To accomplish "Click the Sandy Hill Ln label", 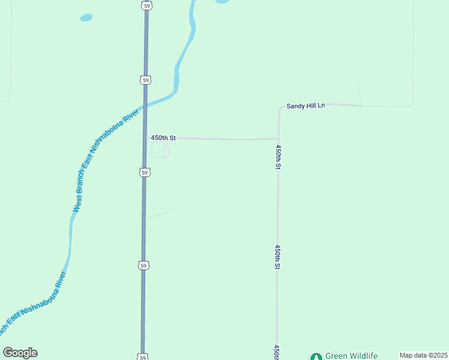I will (x=305, y=106).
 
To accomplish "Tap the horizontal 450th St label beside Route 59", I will (x=163, y=138).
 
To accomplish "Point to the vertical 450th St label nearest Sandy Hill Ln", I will (x=278, y=156).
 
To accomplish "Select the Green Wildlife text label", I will (x=351, y=355).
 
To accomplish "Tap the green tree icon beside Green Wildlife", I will (x=316, y=356).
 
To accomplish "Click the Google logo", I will (x=20, y=353).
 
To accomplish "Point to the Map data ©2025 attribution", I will (x=424, y=355).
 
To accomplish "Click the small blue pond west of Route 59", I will (x=86, y=18).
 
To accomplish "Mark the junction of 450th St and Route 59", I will (x=145, y=138).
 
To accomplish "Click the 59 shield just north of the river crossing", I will (x=146, y=80).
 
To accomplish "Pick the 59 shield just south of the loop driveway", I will (x=145, y=173).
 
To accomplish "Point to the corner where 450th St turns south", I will (x=278, y=139).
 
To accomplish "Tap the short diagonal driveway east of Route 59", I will (x=160, y=214).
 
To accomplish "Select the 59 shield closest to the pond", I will (x=146, y=5).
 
